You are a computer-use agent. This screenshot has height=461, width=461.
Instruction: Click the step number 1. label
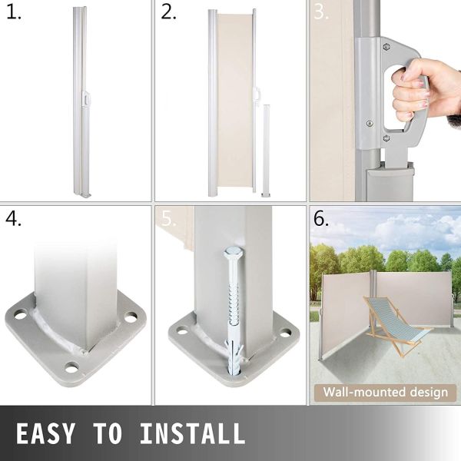(15, 13)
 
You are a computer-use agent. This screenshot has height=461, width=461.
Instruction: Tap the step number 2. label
(170, 13)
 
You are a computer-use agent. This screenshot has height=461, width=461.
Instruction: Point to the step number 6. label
(321, 218)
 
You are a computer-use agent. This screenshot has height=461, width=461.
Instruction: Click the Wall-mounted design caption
(385, 393)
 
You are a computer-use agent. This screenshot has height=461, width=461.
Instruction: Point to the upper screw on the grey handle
(370, 122)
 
